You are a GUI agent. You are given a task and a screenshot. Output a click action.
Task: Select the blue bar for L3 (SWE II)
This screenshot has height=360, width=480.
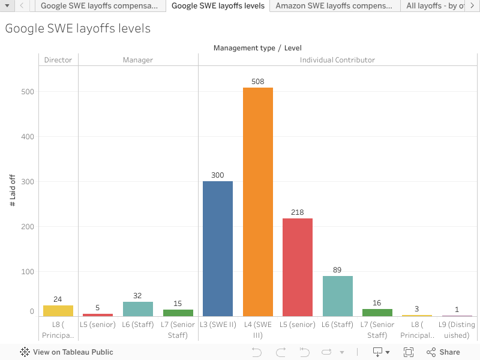tap(218, 248)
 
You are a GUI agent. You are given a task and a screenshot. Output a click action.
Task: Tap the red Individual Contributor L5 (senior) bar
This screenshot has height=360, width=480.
tap(298, 267)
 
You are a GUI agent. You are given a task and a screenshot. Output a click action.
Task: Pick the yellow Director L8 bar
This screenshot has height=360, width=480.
tap(58, 311)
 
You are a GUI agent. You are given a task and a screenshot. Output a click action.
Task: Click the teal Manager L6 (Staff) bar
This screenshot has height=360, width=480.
tap(138, 309)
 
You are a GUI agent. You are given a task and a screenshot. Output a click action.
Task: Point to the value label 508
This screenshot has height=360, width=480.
tap(258, 82)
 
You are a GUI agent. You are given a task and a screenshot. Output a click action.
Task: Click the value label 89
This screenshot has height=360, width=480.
tap(337, 270)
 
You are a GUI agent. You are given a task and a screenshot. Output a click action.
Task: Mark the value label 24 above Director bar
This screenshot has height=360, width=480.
tap(58, 299)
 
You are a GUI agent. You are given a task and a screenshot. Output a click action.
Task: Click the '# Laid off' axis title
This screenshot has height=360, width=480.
tap(13, 190)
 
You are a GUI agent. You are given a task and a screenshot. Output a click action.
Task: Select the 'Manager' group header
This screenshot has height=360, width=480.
tap(138, 60)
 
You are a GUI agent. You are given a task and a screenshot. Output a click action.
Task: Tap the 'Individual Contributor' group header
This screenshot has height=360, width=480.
tap(337, 60)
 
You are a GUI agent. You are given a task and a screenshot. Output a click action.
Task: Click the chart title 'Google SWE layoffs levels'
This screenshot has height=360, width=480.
tap(78, 29)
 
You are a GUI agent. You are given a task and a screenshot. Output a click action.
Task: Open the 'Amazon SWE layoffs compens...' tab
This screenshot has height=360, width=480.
tap(335, 6)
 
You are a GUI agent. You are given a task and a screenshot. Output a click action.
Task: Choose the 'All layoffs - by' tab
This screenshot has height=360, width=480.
tap(434, 6)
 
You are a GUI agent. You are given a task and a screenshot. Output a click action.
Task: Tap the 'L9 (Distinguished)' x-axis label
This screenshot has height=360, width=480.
tap(457, 330)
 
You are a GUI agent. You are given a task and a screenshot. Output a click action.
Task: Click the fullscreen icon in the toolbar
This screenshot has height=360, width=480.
tap(409, 352)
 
